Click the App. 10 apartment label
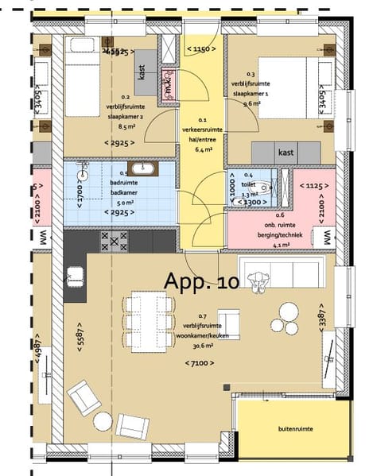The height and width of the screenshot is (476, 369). click(200, 281)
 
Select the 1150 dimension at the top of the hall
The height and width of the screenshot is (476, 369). click(201, 49)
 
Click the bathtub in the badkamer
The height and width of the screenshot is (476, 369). click(144, 168)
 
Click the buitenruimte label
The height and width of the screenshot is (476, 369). click(295, 429)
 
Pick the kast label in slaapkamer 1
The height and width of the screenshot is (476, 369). click(285, 152)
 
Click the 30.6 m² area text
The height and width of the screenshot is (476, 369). click(200, 346)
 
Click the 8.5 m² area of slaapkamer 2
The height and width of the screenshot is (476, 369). click(119, 125)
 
